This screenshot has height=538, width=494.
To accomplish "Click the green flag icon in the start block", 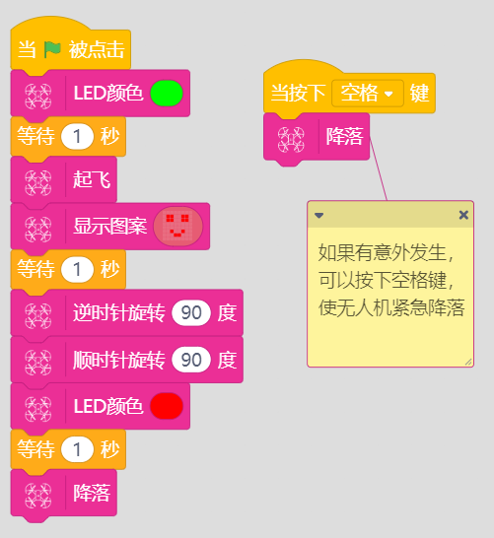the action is [x=52, y=49].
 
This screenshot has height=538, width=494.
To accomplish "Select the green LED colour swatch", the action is [x=167, y=93].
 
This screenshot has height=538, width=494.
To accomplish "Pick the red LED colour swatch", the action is [x=167, y=406].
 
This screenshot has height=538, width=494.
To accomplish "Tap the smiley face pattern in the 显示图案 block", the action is [x=177, y=226].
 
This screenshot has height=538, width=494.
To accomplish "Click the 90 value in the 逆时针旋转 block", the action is [x=191, y=312].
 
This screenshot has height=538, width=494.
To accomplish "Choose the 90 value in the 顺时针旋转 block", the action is [x=191, y=360].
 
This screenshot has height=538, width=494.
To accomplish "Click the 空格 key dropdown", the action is [x=368, y=93].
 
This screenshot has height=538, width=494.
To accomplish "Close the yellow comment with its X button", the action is [x=463, y=215].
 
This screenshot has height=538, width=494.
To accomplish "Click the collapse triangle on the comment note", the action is [x=318, y=216].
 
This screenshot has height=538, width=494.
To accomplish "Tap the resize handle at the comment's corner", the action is [x=468, y=362].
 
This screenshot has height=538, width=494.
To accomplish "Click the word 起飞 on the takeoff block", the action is [x=92, y=179].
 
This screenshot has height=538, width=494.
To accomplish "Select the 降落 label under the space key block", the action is [x=344, y=137].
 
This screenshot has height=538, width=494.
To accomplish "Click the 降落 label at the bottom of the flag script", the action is [x=92, y=493].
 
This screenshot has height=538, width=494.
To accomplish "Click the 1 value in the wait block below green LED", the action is [x=77, y=137].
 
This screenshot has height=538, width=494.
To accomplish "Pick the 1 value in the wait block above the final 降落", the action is [x=77, y=449].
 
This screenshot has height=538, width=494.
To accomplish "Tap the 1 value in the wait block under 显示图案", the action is [x=77, y=269].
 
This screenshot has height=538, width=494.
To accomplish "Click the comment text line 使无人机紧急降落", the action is [x=391, y=307].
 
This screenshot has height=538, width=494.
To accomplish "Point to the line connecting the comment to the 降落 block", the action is [x=379, y=168].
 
